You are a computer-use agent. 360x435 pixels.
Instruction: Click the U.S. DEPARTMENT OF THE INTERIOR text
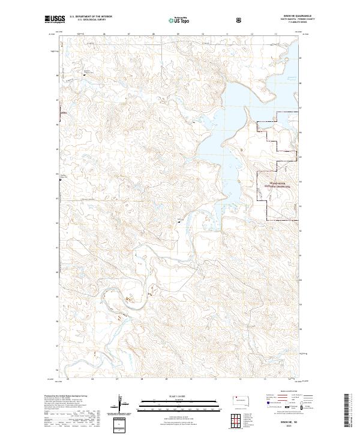(90, 17)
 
